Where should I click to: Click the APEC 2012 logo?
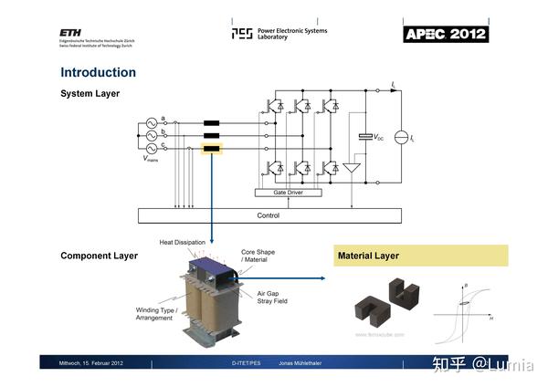click(x=446, y=34)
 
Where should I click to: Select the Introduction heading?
click(x=98, y=72)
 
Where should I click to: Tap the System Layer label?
click(x=90, y=94)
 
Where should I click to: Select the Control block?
click(x=269, y=215)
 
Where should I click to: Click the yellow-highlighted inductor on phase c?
click(x=212, y=149)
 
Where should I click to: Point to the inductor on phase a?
click(x=212, y=122)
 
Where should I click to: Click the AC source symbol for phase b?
click(x=152, y=135)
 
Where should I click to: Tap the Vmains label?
click(x=151, y=160)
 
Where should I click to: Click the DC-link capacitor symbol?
click(x=366, y=137)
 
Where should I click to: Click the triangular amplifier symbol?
click(x=353, y=168)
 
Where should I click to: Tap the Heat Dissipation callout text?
click(x=183, y=242)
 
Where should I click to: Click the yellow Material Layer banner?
click(x=419, y=256)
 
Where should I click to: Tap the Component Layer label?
click(x=99, y=256)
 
